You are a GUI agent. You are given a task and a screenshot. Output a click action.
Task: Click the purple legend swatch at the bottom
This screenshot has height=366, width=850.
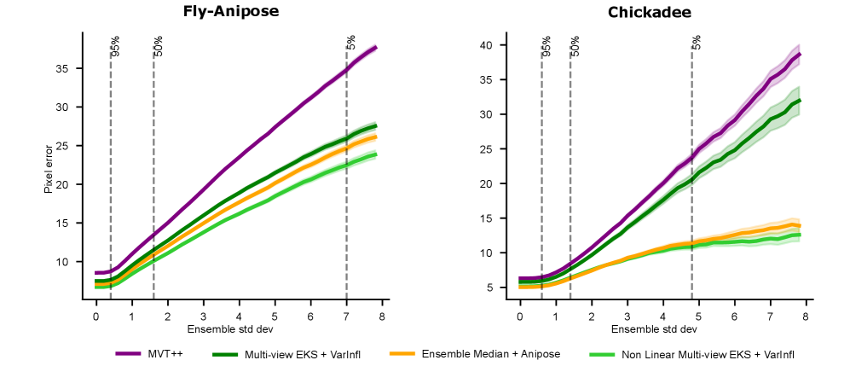coord(128,353)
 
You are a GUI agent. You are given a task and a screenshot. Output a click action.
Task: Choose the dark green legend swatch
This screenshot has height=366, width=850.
coord(225,353)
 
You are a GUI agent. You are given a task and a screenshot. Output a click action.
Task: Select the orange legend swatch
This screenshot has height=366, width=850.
coord(402,353)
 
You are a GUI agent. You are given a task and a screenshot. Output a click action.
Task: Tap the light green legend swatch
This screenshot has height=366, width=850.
coord(602,353)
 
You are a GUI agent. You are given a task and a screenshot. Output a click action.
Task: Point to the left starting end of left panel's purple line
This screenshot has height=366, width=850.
coord(96,273)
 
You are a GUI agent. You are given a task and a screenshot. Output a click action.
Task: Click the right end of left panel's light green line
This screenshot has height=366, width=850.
coord(375,154)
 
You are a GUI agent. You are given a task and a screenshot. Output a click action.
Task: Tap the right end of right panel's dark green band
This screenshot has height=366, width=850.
coord(799,101)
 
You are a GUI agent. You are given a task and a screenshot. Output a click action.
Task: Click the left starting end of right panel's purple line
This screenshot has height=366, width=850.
coord(520,279)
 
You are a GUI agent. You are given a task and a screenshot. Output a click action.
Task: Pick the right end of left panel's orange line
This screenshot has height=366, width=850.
coord(375,137)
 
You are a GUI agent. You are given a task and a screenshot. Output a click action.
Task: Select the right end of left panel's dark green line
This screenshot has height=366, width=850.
coord(375,125)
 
